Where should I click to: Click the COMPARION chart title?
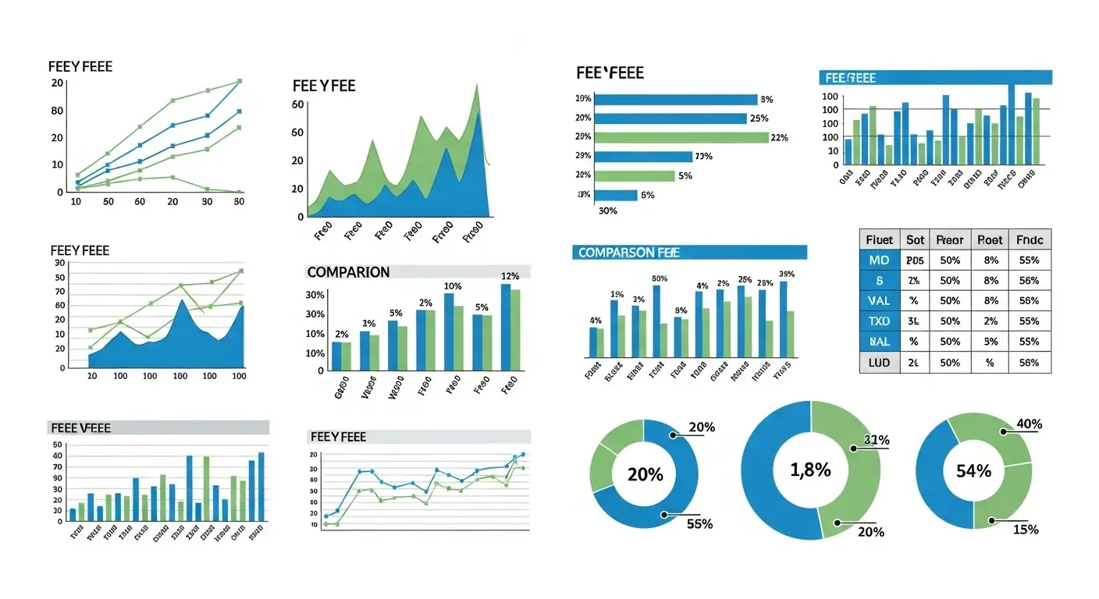point(348,272)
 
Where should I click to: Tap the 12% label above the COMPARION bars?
point(510,276)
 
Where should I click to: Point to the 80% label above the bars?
point(660,278)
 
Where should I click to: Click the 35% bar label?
point(787,274)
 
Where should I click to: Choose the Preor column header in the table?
point(950,240)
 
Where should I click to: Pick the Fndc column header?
point(1030,240)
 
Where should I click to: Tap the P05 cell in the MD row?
point(915,261)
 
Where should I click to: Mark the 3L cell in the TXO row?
point(915,321)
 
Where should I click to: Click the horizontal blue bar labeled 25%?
point(670,119)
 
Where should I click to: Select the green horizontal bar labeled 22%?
point(681,137)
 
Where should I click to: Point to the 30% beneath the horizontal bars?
point(607,211)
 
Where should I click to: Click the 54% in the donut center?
point(973,471)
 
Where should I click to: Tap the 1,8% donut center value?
point(810,470)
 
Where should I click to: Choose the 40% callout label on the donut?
point(1030,424)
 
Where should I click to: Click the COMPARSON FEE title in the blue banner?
point(624,253)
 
